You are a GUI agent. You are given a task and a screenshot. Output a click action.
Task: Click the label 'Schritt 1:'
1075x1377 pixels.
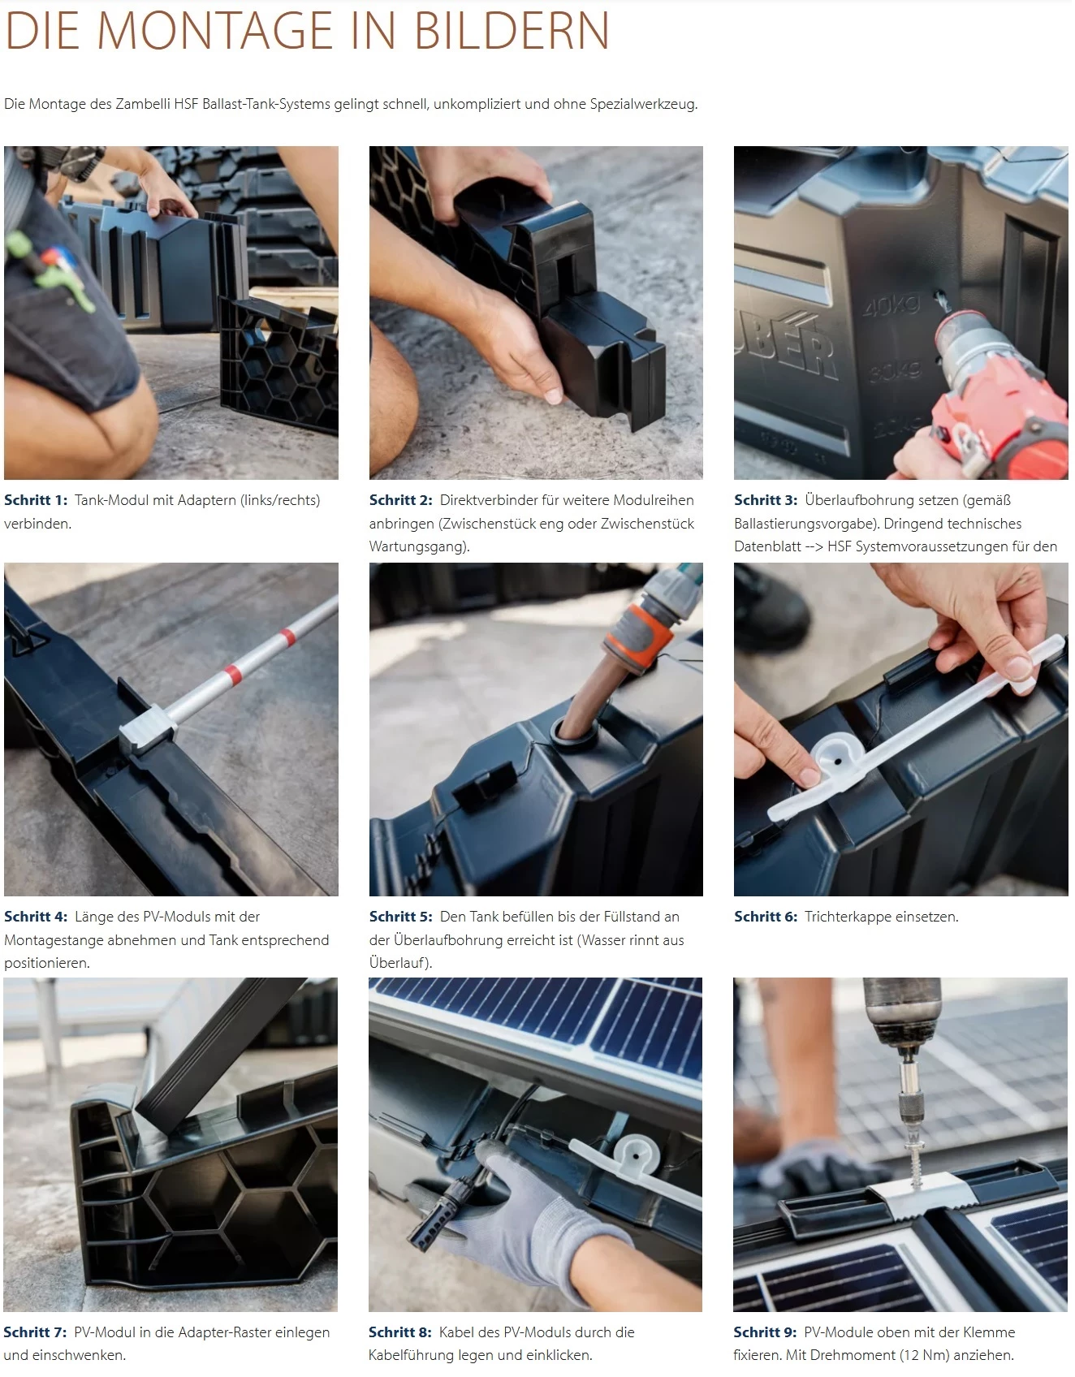[x=36, y=500]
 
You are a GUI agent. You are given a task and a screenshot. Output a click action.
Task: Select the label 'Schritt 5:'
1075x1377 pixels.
[x=401, y=917]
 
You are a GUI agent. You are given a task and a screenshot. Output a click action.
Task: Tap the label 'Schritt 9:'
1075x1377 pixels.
[x=765, y=1332]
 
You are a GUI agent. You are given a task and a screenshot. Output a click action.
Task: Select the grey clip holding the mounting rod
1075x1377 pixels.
[x=147, y=726]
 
